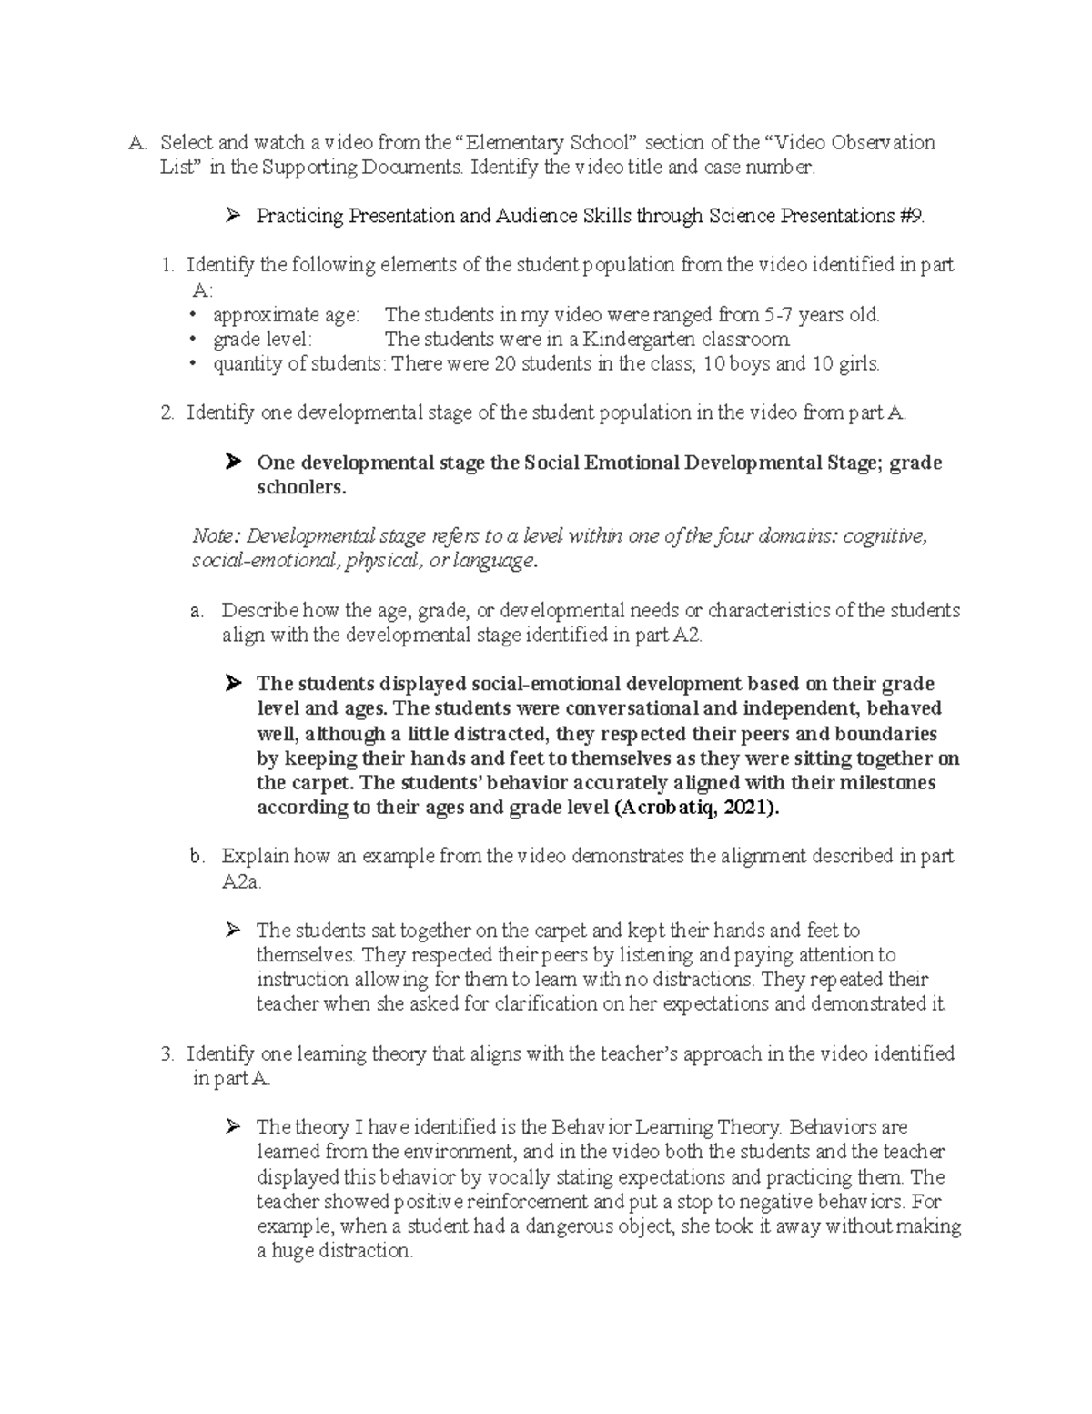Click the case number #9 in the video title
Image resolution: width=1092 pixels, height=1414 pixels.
pyautogui.click(x=911, y=216)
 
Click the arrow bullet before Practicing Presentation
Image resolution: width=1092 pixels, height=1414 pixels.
pyautogui.click(x=233, y=216)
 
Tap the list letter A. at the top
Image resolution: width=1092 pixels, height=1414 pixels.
pyautogui.click(x=136, y=142)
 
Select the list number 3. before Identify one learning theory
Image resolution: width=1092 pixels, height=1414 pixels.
pyautogui.click(x=167, y=1054)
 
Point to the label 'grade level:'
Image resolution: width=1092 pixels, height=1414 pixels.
pyautogui.click(x=262, y=340)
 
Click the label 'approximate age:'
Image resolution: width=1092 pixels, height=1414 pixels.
pyautogui.click(x=286, y=315)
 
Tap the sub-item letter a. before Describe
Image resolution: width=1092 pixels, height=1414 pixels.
pyautogui.click(x=197, y=611)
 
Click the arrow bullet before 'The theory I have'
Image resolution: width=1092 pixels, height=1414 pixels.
pyautogui.click(x=233, y=1128)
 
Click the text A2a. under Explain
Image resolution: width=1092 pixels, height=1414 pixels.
pyautogui.click(x=241, y=881)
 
